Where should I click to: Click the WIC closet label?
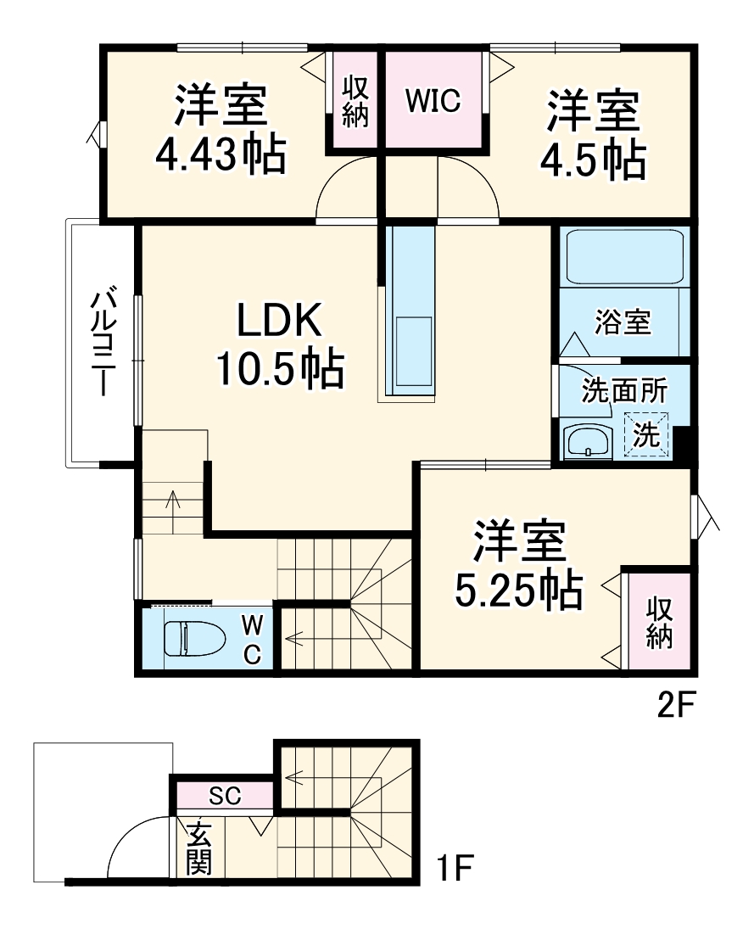[x=433, y=101]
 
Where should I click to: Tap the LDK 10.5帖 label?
[x=280, y=344]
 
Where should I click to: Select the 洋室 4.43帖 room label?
[x=221, y=129]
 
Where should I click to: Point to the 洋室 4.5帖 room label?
[x=593, y=134]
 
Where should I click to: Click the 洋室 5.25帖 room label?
[x=519, y=565]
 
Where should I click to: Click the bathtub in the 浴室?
[x=625, y=256]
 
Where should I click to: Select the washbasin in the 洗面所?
[x=586, y=441]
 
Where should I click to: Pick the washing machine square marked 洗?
[x=647, y=434]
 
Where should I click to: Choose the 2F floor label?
[x=675, y=705]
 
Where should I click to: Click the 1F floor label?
[x=455, y=869]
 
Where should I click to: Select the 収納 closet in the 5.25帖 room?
[x=659, y=622]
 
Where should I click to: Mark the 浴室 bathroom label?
[x=623, y=322]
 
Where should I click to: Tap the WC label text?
[x=252, y=638]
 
